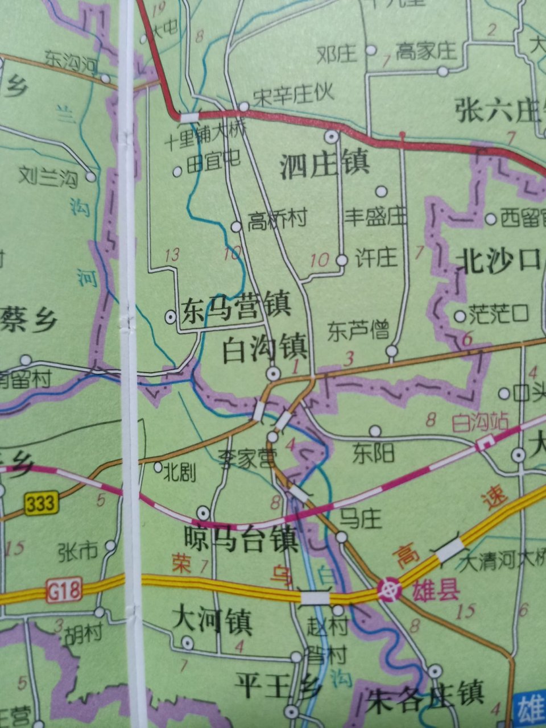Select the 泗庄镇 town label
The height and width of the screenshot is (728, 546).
[x=325, y=164]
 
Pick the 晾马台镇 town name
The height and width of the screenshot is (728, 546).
[x=241, y=539]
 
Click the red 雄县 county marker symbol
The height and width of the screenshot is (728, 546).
[x=391, y=590]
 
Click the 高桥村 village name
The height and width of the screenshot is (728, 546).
[x=277, y=220]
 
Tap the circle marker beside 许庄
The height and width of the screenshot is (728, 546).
[x=341, y=260]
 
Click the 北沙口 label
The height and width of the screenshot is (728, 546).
[x=497, y=261]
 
